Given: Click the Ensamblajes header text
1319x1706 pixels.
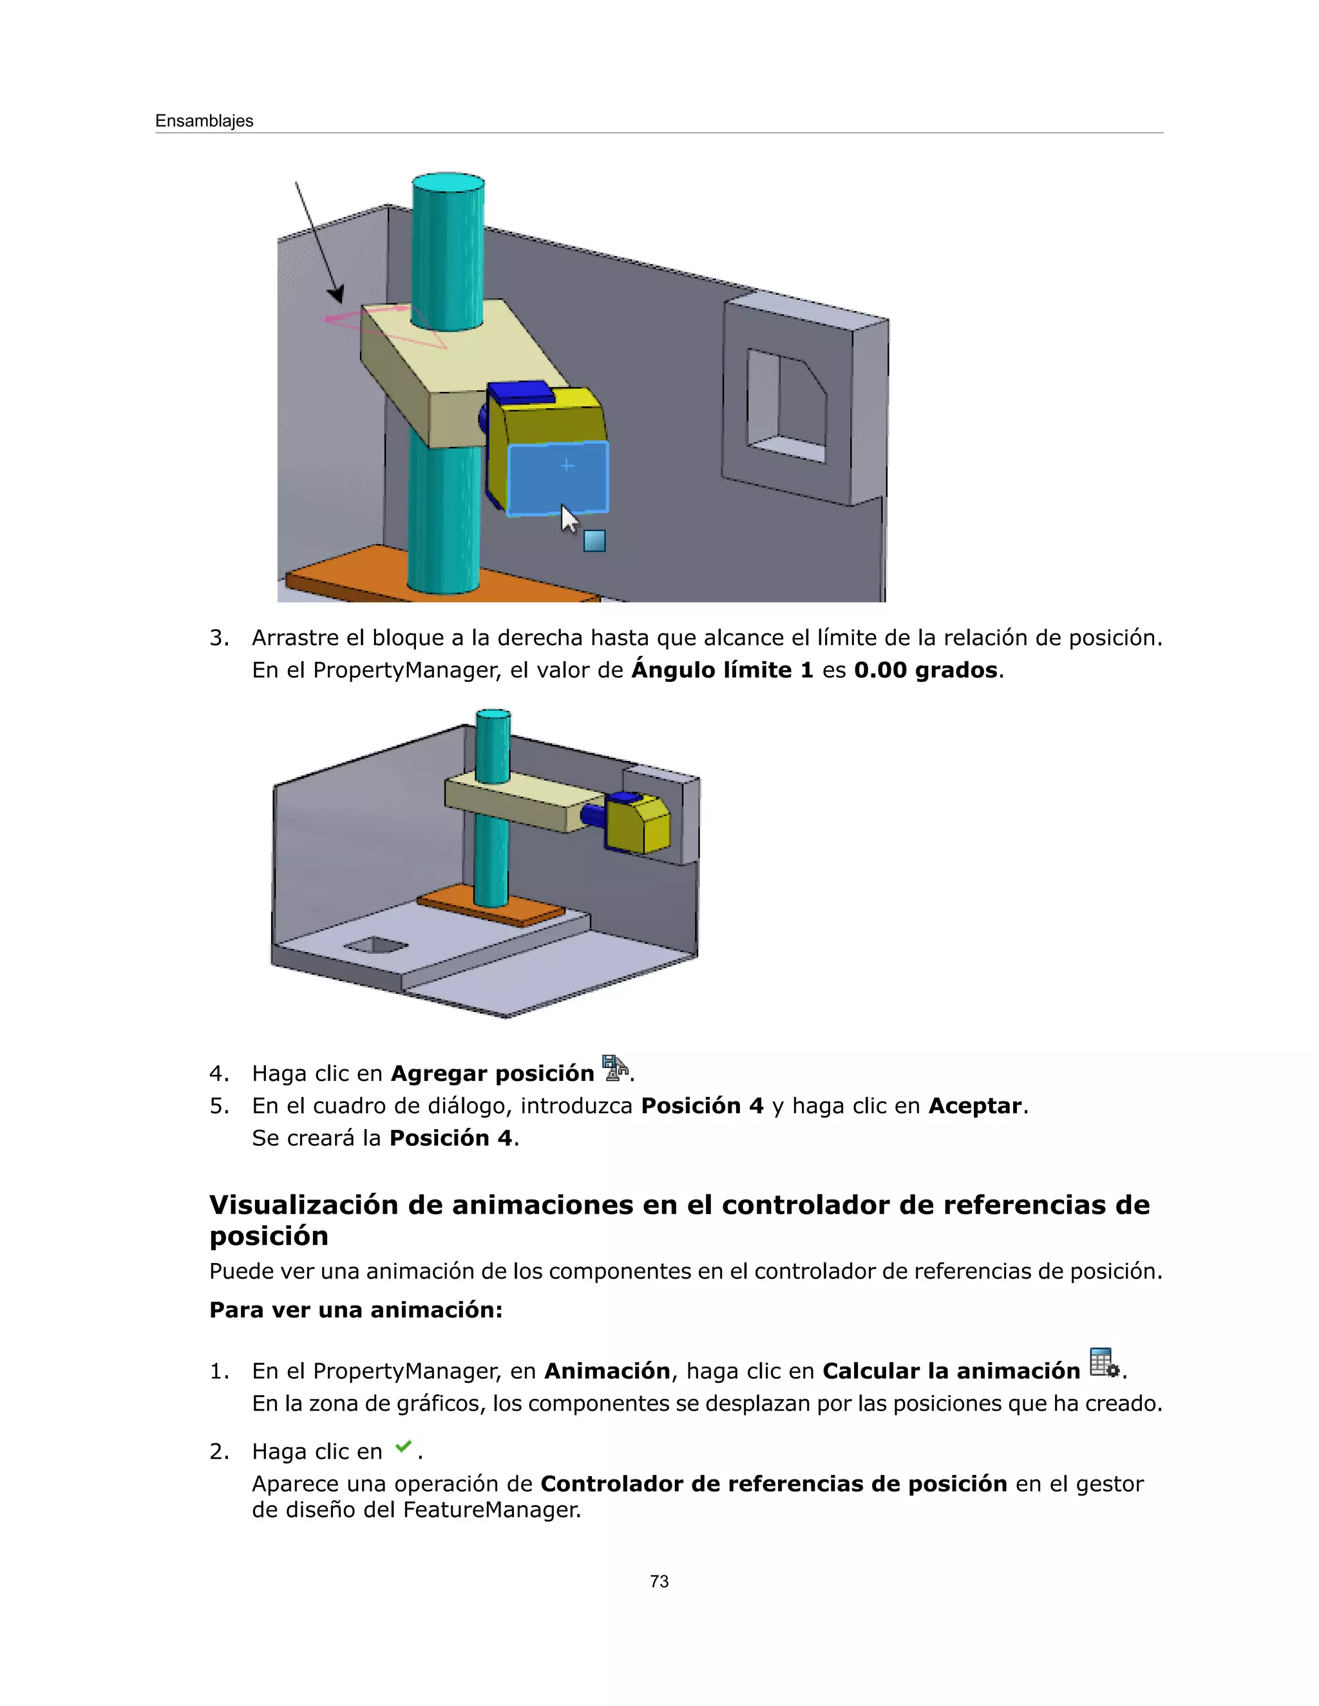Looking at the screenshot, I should coord(204,121).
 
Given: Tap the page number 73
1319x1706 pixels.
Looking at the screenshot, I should coord(659,1581).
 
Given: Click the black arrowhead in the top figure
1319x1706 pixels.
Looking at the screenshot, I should coord(336,294).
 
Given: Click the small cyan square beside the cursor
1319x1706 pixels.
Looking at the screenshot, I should coord(594,541).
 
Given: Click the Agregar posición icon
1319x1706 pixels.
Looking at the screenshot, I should coord(616,1068).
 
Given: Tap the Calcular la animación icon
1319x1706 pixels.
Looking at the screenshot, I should coord(1103,1363).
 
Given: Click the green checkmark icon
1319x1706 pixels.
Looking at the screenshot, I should coord(403,1447).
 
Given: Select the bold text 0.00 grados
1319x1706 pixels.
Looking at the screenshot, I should coord(925,670).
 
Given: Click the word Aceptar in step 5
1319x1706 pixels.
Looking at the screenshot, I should coord(974,1106).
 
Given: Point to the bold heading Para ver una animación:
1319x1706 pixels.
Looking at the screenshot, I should coord(356,1310).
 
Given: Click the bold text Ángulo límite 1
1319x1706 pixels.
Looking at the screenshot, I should coord(722,670).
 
